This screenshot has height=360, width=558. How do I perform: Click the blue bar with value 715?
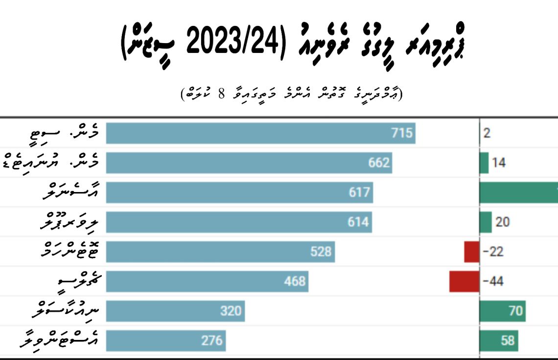(x=260, y=133)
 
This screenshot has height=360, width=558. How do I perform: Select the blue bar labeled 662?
(x=249, y=163)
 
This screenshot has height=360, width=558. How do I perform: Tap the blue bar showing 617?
(x=239, y=192)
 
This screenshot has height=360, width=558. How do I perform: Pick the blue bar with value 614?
(x=239, y=222)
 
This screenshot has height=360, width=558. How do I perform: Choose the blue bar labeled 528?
(x=220, y=252)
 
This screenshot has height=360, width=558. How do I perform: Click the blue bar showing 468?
(x=207, y=281)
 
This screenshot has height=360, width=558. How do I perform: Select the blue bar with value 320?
(x=175, y=311)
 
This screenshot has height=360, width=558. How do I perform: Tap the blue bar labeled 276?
(x=166, y=340)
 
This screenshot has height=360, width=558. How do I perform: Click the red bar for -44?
(x=464, y=281)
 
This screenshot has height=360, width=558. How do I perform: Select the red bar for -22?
(x=471, y=252)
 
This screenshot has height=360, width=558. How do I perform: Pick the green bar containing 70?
(x=502, y=311)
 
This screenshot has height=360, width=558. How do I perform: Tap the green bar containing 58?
(x=498, y=340)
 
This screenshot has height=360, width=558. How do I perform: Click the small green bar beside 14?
(x=484, y=163)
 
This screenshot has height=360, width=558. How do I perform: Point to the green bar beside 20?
(x=486, y=222)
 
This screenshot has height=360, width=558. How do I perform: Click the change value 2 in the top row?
(x=487, y=133)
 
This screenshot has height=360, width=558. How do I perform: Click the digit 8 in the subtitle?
(x=220, y=94)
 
